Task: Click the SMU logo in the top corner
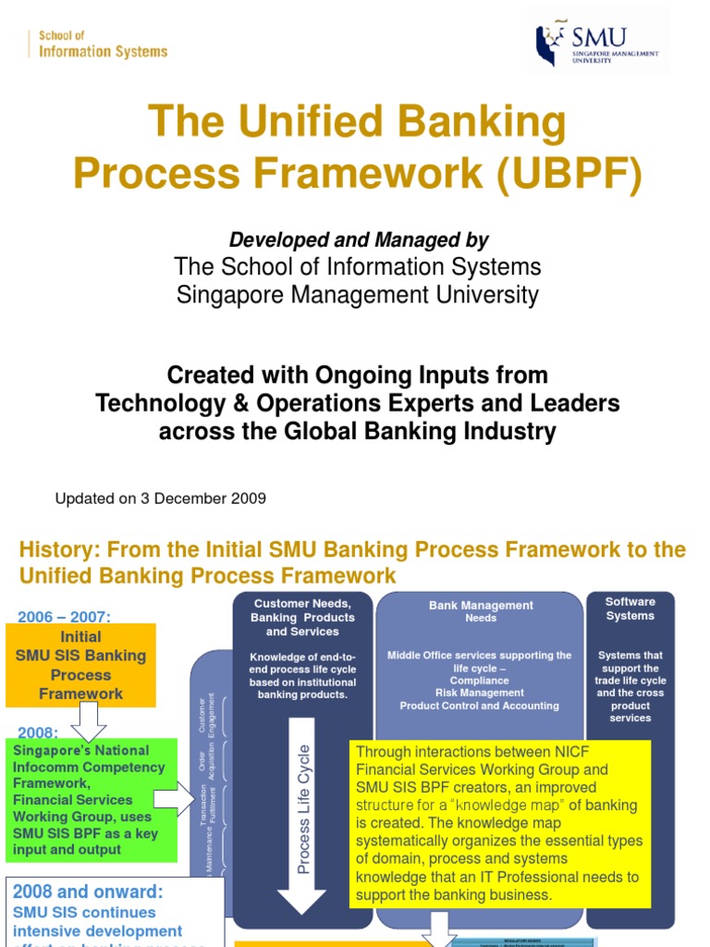598,43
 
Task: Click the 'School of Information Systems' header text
103,44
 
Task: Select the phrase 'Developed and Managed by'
359,240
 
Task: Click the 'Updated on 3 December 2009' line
161,498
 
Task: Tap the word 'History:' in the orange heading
59,550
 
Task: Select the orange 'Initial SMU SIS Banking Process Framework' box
80,665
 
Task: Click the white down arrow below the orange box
89,719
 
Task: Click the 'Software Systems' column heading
630,609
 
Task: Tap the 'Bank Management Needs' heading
481,611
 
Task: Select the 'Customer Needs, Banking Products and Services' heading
302,617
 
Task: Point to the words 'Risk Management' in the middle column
479,693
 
